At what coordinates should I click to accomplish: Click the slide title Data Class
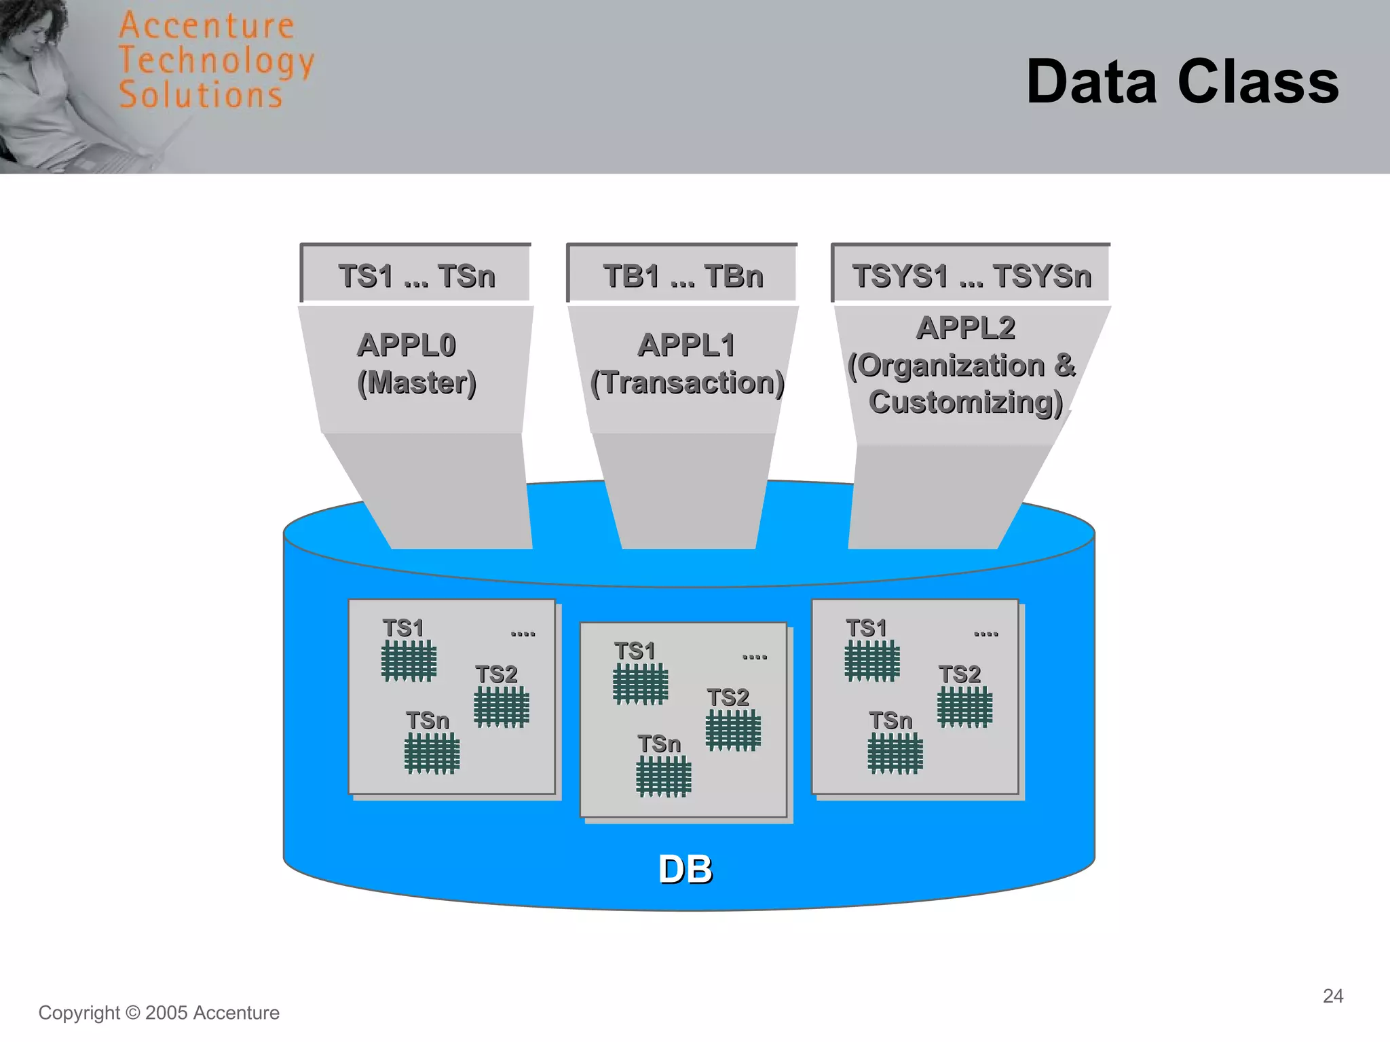coord(1182,82)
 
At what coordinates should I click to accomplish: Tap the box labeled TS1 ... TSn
coord(416,275)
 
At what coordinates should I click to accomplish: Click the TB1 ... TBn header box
coord(683,275)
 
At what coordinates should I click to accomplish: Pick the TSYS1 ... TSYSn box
coord(971,275)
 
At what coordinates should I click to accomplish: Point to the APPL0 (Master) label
coord(416,364)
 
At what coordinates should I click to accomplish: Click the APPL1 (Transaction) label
coord(686,364)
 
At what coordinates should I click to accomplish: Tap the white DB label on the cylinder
coord(685,869)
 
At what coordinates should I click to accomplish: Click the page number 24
coord(1332,996)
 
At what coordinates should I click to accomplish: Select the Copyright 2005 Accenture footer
coord(159,1013)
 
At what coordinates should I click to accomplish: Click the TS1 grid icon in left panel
coord(409,660)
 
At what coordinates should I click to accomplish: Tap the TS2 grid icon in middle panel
coord(733,731)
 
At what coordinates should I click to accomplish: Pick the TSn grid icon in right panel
coord(895,753)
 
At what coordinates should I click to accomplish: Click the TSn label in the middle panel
coord(658,744)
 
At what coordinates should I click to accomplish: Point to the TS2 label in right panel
coord(959,674)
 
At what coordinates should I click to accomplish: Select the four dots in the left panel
coord(523,634)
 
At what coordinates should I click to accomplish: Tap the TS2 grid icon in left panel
coord(501,706)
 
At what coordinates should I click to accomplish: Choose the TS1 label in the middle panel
coord(635,651)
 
